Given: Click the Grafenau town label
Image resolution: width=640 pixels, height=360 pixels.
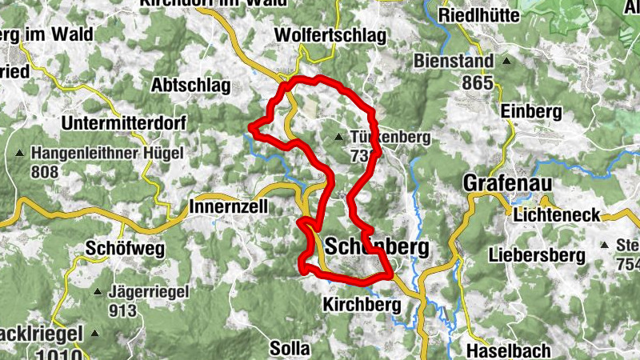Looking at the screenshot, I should (508, 185).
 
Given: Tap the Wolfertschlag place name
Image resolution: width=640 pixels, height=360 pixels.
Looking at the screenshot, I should (330, 36).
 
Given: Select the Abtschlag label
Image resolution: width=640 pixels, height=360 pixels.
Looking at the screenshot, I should (190, 86).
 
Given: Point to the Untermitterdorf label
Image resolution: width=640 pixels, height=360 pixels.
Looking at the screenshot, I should (123, 124).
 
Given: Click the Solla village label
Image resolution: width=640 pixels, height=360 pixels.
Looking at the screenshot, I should (290, 349).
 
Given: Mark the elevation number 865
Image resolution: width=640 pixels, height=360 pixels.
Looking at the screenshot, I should (476, 82).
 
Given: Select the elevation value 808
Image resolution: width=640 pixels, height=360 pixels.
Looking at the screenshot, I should (46, 171).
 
